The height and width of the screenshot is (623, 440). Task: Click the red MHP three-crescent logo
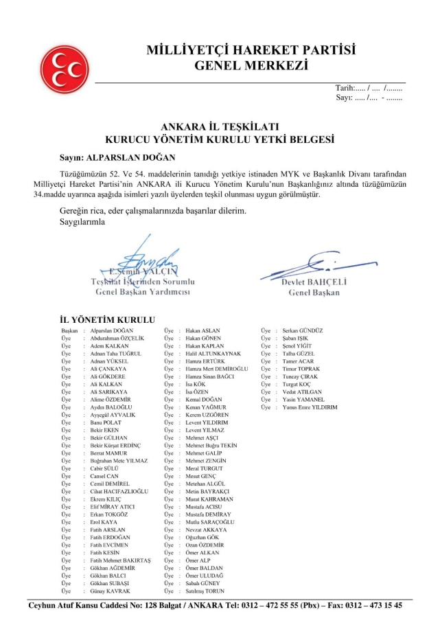pyautogui.click(x=65, y=69)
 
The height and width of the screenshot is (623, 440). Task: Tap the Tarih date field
pyautogui.click(x=369, y=88)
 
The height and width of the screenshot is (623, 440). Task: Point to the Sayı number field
pyautogui.click(x=369, y=98)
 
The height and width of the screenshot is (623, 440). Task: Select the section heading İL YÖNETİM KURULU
pyautogui.click(x=108, y=319)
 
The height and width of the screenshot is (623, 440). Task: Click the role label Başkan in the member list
pyautogui.click(x=70, y=331)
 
